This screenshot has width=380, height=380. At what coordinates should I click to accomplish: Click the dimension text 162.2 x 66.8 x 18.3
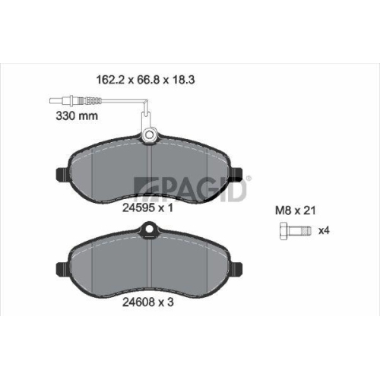click(x=145, y=80)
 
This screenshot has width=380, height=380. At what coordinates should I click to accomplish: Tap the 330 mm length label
click(x=77, y=116)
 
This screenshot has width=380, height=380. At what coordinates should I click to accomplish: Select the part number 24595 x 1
click(x=147, y=208)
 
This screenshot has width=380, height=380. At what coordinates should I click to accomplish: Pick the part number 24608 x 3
click(x=148, y=302)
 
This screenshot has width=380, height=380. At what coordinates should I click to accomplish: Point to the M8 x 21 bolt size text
click(x=296, y=211)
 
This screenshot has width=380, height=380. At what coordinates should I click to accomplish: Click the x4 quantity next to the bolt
click(x=324, y=230)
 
